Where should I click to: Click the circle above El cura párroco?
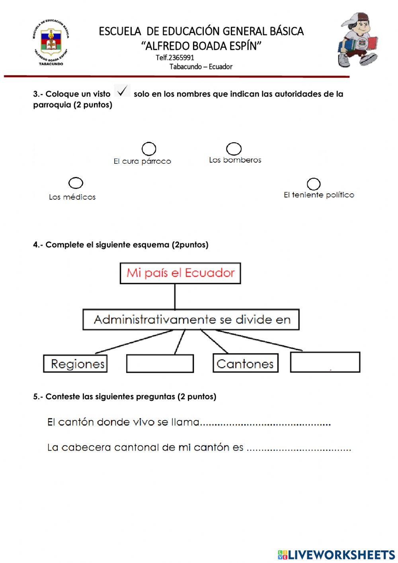coord(149,149)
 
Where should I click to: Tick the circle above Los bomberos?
coord(234,149)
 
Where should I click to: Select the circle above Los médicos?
coord(76,183)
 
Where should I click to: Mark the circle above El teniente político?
coord(314,184)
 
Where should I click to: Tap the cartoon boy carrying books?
coord(357,40)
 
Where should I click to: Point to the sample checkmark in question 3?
coord(123,90)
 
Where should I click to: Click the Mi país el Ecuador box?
coord(180,273)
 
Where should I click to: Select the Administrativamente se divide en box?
coord(191,320)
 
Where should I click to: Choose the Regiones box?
coord(76,363)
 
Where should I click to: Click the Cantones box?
coord(245,363)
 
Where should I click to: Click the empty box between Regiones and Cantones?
coord(160,363)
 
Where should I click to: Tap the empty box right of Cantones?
coord(325,362)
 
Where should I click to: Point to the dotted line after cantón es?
coord(299,449)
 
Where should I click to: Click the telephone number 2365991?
coord(175,57)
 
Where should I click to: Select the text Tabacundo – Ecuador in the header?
coord(201,67)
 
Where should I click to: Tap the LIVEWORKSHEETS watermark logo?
coord(336,554)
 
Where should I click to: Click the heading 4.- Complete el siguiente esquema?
coord(121,245)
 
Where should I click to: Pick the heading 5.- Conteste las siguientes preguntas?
coord(125,396)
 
